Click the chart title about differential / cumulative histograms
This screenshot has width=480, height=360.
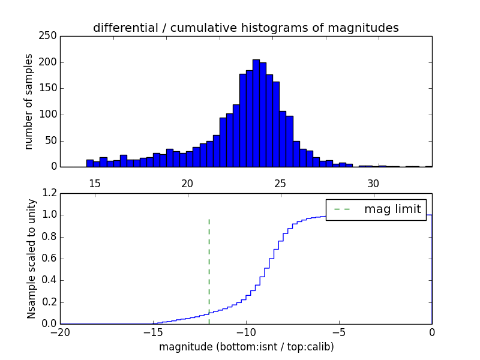[x=246, y=28]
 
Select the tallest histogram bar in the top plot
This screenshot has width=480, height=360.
[x=256, y=114]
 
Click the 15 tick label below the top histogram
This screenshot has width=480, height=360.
[x=94, y=184]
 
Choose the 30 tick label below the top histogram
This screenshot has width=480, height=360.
[x=373, y=184]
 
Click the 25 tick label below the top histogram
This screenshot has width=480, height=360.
[x=280, y=184]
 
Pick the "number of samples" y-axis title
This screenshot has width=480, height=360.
[x=29, y=101]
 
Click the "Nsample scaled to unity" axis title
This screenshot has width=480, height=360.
[x=32, y=259]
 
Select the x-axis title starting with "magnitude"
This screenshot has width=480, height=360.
[x=246, y=347]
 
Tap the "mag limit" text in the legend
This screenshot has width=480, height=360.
[x=392, y=209]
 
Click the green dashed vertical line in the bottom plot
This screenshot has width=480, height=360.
[x=209, y=270]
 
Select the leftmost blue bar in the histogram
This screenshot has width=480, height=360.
[x=90, y=163]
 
